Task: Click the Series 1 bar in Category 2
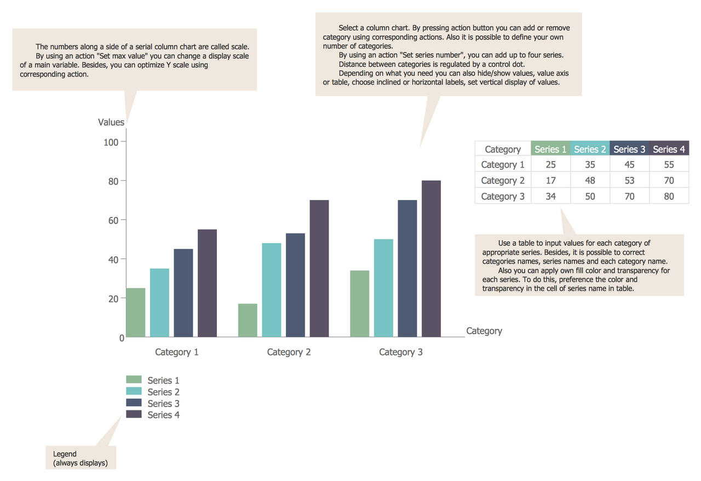(248, 320)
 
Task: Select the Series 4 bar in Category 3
(431, 259)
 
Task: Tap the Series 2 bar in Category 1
(159, 302)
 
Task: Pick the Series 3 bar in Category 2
(295, 285)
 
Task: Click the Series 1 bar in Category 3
(359, 304)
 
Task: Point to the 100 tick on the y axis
(111, 142)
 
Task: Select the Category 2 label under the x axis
(289, 352)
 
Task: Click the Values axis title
(111, 122)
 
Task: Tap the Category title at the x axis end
(484, 331)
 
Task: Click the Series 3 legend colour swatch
(134, 403)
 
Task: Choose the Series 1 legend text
(163, 380)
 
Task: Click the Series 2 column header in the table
(590, 149)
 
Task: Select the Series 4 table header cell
(669, 149)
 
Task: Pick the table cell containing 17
(550, 180)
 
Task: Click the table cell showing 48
(590, 180)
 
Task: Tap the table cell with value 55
(669, 164)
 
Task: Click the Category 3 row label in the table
(502, 196)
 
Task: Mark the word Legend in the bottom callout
(65, 454)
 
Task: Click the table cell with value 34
(550, 196)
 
